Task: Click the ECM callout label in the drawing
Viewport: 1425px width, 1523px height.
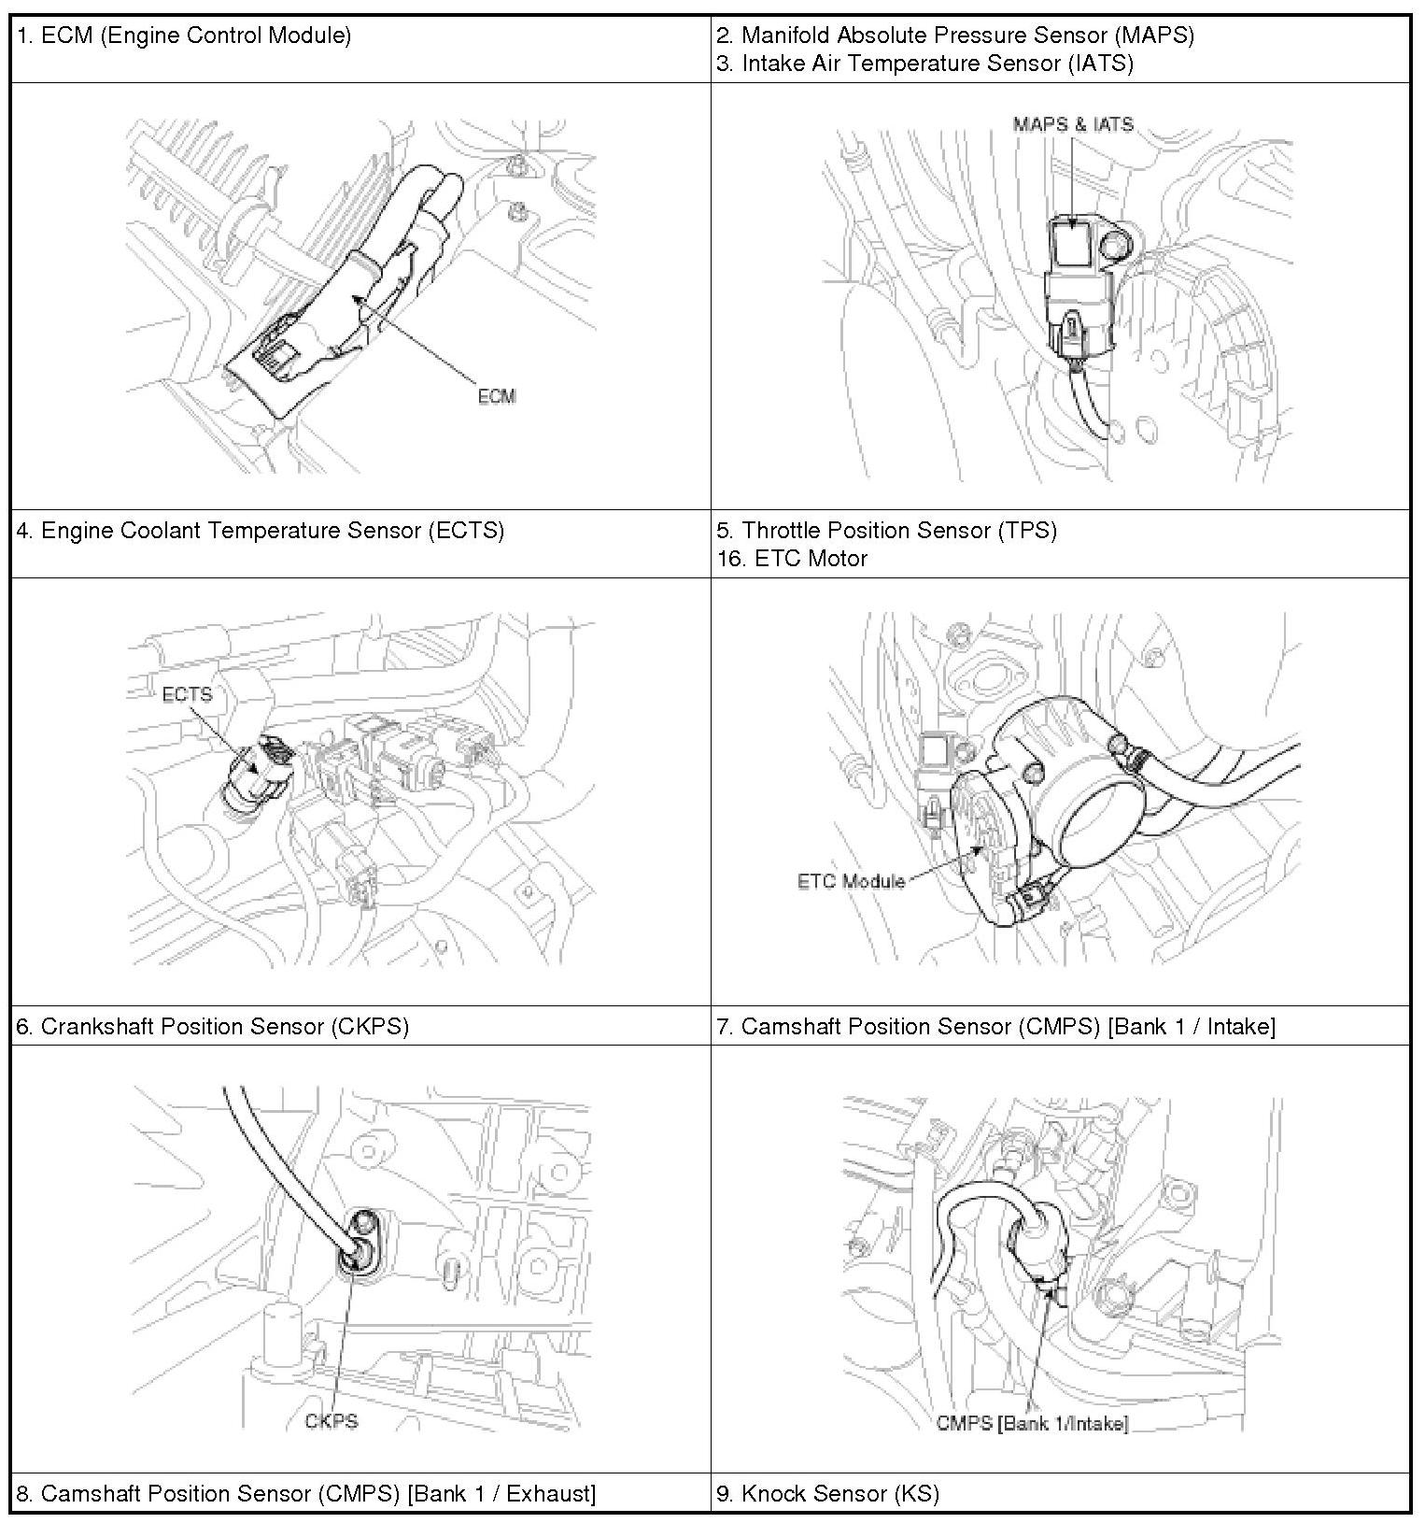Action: click(496, 396)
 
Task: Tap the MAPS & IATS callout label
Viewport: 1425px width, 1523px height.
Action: click(1073, 124)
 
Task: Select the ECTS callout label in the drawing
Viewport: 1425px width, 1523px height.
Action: click(187, 694)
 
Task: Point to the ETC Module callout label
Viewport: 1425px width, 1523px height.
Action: click(851, 881)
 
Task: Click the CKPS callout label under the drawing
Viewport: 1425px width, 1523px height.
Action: click(332, 1421)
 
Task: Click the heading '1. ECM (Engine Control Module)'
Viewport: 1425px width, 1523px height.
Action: click(184, 36)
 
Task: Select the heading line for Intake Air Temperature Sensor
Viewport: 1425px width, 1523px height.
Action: click(924, 64)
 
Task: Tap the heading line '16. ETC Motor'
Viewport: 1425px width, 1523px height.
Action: click(792, 559)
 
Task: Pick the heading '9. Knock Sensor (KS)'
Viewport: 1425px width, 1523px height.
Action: click(827, 1493)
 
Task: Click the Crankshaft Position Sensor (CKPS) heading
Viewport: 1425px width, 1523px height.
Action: click(213, 1026)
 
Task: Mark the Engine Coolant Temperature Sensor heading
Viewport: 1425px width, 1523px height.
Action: click(261, 531)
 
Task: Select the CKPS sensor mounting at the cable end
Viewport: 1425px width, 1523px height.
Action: click(361, 1242)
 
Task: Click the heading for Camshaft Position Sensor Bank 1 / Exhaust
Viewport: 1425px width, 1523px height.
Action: click(306, 1493)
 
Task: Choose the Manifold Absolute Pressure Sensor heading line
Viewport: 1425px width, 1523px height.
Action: click(955, 36)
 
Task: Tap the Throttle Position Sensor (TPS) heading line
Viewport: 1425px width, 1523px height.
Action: click(886, 531)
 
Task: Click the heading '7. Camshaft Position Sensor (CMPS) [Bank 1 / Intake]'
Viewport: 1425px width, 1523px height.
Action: click(995, 1026)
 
